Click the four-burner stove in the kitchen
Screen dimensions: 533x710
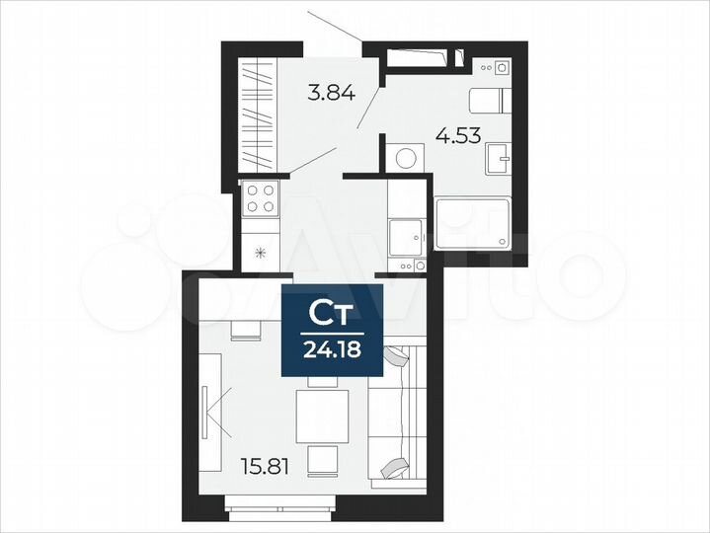click(260, 198)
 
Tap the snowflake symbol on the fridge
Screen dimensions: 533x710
click(261, 253)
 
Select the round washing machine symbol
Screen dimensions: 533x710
click(406, 158)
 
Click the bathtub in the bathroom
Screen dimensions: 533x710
click(474, 222)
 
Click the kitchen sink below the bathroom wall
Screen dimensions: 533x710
click(406, 235)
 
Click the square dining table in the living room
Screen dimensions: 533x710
click(323, 415)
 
